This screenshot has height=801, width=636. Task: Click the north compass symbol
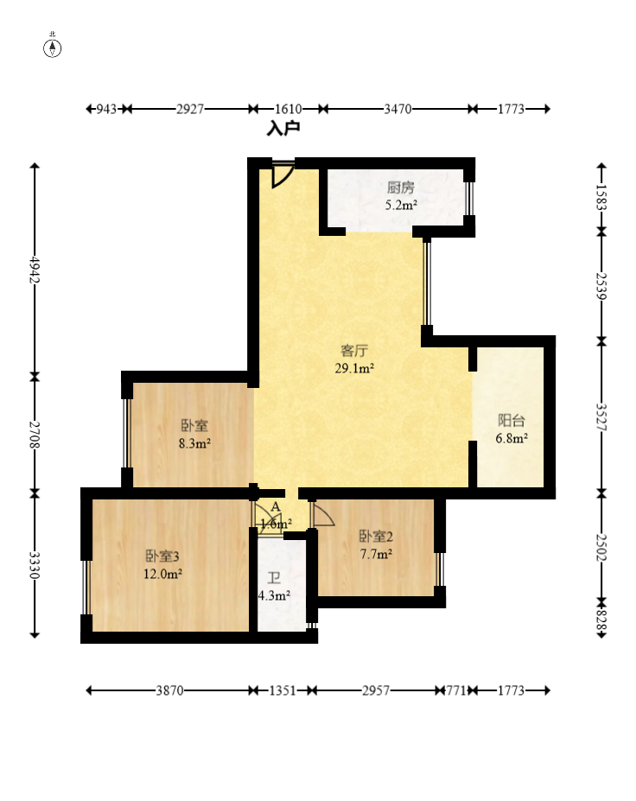pos(52,48)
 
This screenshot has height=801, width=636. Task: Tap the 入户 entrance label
pos(283,128)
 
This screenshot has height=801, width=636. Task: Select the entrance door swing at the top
pos(283,175)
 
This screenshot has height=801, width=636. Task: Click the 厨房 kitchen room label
pos(400,188)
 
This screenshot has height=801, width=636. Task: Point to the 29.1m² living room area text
pos(354,368)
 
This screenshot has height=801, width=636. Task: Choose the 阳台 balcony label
pos(512,421)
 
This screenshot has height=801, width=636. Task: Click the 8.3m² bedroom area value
pos(194,443)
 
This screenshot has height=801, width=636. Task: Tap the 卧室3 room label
pos(162,556)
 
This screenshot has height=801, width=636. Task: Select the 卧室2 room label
pos(376,536)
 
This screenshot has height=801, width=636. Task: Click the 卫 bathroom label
pos(274,578)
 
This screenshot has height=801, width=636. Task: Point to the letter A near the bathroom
pos(276,506)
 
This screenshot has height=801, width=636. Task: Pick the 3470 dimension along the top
pos(397,109)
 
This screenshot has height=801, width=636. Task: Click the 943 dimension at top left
pos(106,109)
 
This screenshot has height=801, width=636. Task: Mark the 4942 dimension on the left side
pos(35,270)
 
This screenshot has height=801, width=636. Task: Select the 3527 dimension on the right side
pos(601,416)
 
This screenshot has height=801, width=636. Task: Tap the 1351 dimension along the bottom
pos(283,690)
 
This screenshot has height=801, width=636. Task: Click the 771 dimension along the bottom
pos(455,690)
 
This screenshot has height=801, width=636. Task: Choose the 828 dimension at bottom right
pos(601,620)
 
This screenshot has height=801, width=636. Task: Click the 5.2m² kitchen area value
pos(401,206)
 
